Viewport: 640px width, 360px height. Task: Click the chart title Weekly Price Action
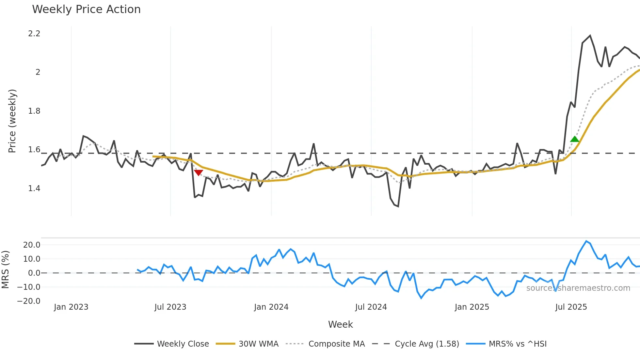pos(86,9)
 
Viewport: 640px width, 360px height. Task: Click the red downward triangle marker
pos(198,172)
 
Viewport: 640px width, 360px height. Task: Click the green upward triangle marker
pos(575,139)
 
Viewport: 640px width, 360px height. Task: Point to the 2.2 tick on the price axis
pos(34,34)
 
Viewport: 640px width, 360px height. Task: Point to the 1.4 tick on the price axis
pos(34,188)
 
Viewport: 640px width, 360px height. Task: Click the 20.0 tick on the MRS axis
pos(32,245)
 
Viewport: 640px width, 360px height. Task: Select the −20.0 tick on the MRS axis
pos(29,301)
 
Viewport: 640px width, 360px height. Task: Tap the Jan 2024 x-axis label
pos(271,307)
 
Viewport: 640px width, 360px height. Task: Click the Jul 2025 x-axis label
pos(571,307)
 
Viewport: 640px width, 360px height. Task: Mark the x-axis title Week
pos(340,324)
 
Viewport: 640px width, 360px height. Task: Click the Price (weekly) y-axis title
pos(12,121)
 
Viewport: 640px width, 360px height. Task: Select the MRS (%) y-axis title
pos(5,270)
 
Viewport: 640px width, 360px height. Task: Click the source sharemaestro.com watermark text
pos(578,288)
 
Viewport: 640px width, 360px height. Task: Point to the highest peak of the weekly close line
pos(590,36)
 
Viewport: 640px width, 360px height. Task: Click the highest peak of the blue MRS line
pos(586,241)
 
